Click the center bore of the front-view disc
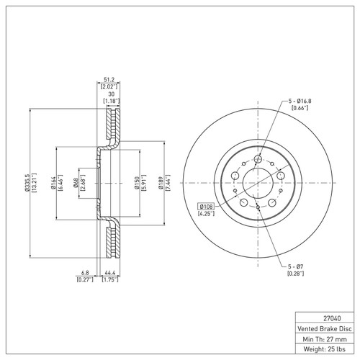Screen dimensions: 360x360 257,180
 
